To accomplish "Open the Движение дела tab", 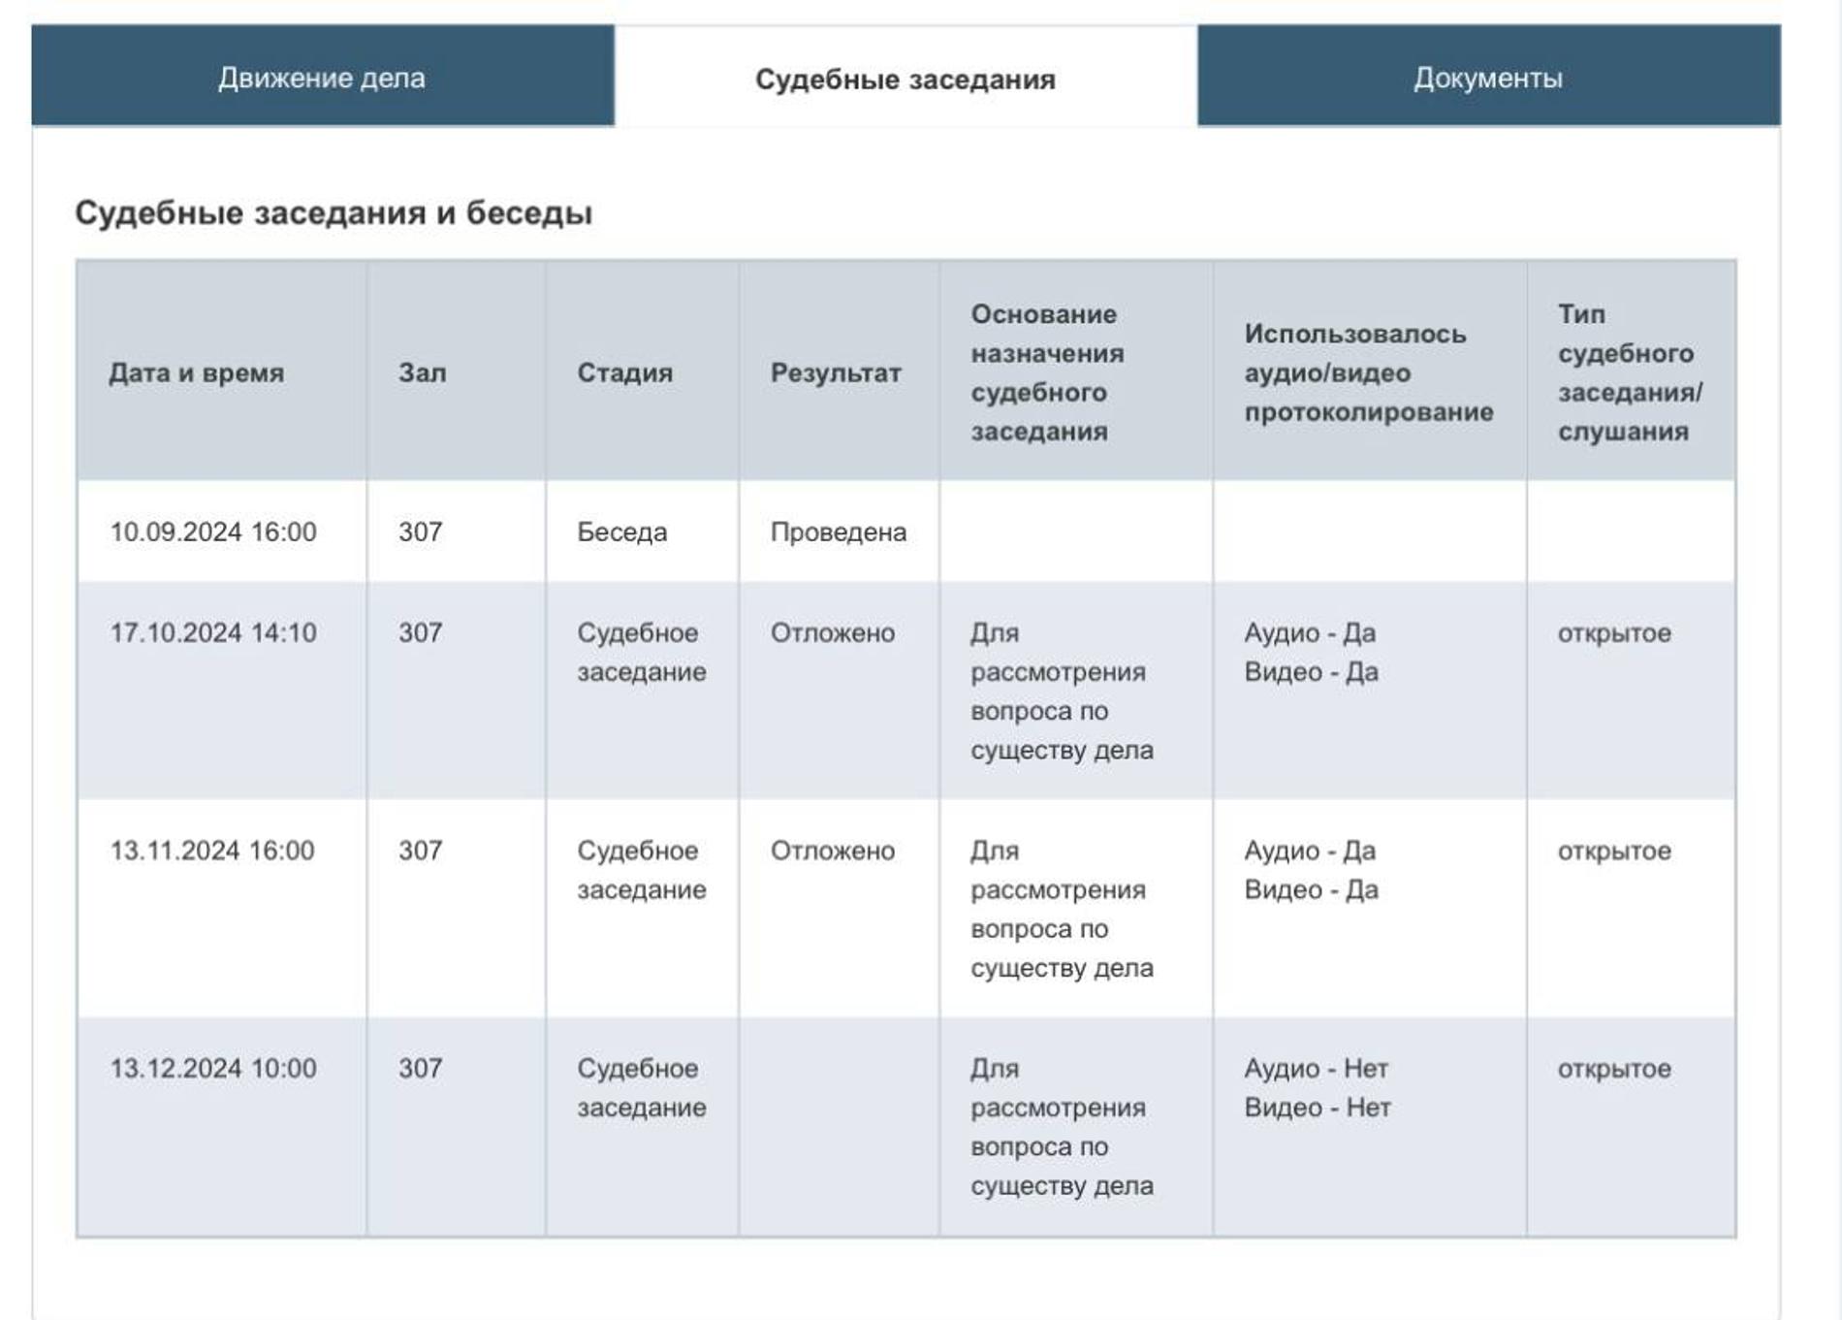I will (x=322, y=78).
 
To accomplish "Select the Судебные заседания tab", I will (x=905, y=79).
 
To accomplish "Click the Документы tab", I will (x=1488, y=78).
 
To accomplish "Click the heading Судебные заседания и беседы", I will (x=333, y=212).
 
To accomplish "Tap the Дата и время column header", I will (x=197, y=372).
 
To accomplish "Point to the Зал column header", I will (x=423, y=372).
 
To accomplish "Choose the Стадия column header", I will (x=624, y=372).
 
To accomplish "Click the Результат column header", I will (x=836, y=372).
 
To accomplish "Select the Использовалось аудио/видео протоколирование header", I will (x=1368, y=372).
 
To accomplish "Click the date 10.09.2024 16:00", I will (x=213, y=531).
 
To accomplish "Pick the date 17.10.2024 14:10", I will (x=213, y=632).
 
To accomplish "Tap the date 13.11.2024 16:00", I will (x=212, y=851).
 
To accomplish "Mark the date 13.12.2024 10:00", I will (x=213, y=1068).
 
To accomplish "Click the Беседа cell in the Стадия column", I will (x=622, y=531).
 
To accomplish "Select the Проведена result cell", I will (x=839, y=531).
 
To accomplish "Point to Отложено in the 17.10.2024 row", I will (x=833, y=632).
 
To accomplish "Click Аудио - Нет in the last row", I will (x=1317, y=1068).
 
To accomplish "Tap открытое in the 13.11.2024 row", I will (x=1614, y=851).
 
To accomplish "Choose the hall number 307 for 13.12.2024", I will (x=421, y=1068).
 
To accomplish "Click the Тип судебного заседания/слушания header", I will (x=1630, y=372).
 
